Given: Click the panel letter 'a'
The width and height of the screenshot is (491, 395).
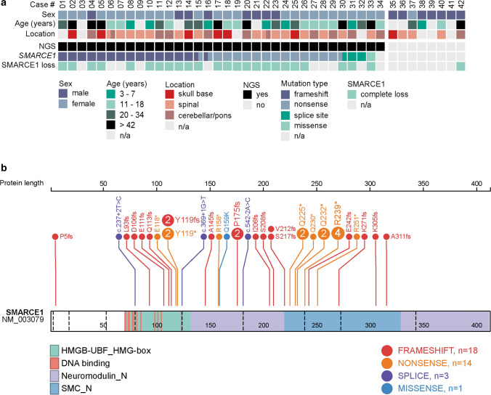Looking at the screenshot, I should pyautogui.click(x=4, y=4).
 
